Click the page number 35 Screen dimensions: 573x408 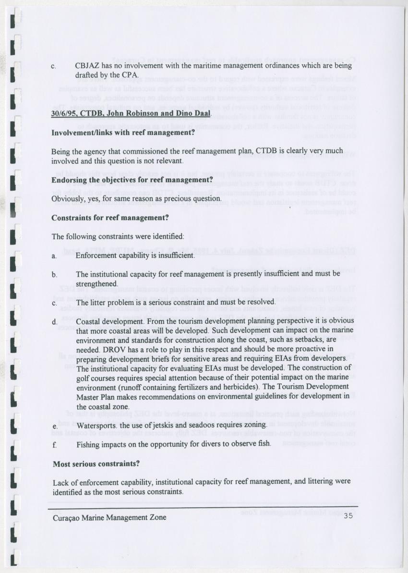click(348, 517)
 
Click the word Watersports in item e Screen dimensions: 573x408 click(97, 425)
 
